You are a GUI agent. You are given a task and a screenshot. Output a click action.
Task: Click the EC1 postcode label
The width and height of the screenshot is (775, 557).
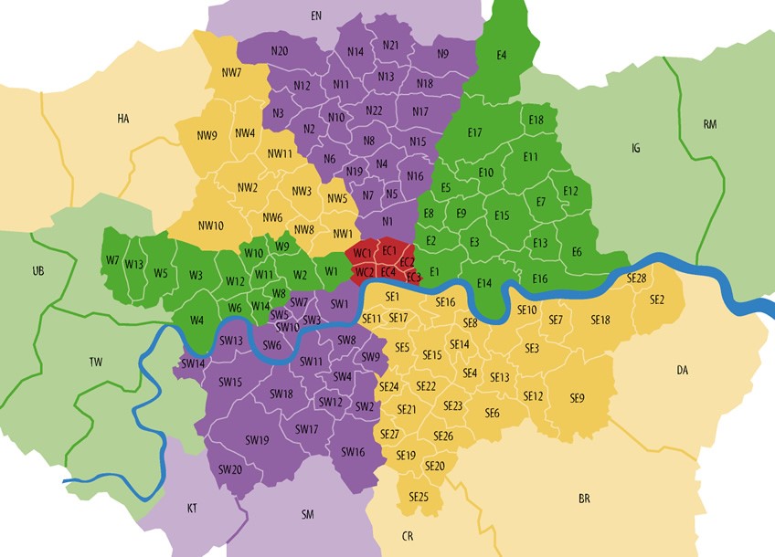(388, 251)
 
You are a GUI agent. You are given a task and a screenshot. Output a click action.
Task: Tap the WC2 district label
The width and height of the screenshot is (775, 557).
(364, 271)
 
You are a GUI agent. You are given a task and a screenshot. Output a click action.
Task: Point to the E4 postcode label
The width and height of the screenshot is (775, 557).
(501, 56)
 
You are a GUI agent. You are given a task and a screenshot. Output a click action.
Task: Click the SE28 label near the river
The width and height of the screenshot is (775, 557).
(636, 278)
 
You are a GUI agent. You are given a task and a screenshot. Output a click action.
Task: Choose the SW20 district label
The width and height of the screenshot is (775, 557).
(229, 469)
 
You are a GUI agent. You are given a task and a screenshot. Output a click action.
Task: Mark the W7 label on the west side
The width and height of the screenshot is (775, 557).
(112, 260)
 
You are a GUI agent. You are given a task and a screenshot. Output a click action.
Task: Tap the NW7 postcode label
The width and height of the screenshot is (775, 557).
(231, 72)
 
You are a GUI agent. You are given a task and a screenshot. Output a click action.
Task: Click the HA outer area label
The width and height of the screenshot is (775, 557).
(123, 118)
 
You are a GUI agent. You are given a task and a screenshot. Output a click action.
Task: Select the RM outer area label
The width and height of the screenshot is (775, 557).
(710, 123)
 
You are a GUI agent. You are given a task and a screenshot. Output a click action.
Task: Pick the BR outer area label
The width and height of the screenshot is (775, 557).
(584, 499)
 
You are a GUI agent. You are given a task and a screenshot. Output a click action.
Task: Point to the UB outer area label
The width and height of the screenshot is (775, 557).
(37, 271)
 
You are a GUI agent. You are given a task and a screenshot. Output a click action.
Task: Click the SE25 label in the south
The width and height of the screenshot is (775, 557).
(419, 497)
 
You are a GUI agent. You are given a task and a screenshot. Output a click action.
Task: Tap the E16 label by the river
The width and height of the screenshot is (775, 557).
(539, 278)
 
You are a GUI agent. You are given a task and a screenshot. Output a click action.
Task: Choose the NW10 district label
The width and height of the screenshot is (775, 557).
(211, 226)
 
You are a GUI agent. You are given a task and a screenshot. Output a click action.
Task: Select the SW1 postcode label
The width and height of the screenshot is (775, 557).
(340, 303)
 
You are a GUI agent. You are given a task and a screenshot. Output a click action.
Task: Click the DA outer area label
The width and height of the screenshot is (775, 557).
(682, 370)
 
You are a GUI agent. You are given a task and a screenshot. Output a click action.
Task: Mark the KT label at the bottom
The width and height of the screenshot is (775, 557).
(192, 507)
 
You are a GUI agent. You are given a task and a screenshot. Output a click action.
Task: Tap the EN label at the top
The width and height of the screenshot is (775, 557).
(316, 16)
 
